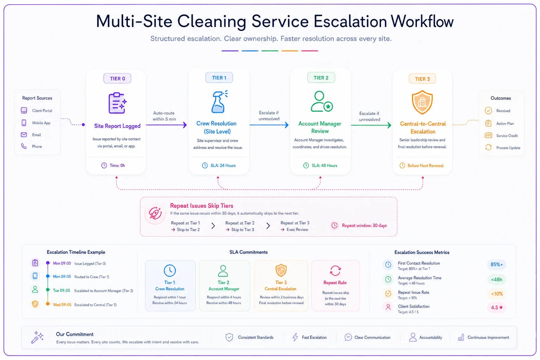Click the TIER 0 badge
[x=117, y=78]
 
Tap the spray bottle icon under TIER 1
[x=219, y=102]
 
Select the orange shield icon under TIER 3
[x=422, y=102]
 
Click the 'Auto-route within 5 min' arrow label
[x=164, y=116]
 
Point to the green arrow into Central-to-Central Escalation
[x=371, y=125]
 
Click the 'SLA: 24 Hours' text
[x=223, y=166]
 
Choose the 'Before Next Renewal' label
[x=425, y=166]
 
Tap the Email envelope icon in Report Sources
[x=24, y=135]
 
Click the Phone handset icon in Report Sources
[x=24, y=146]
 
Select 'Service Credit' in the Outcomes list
[x=507, y=136]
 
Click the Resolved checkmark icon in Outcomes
[x=488, y=111]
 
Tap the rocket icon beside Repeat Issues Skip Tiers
[x=155, y=213]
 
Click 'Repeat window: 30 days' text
[x=364, y=225]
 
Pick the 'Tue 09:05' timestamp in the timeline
[x=62, y=290]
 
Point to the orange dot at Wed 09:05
[x=48, y=304]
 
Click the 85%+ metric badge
[x=497, y=264]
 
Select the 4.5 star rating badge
[x=497, y=307]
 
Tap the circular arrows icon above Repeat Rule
[x=335, y=271]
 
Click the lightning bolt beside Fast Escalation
[x=295, y=337]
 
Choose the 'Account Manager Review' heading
[x=320, y=127]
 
